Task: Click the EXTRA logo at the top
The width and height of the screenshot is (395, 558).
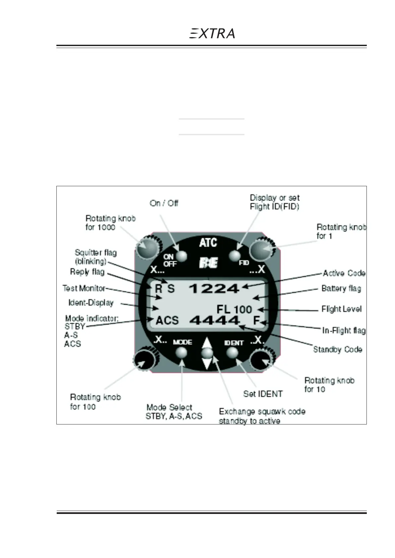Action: (212, 33)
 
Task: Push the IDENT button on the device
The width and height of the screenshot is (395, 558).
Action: (232, 352)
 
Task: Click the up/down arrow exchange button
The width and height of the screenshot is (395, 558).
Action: (207, 353)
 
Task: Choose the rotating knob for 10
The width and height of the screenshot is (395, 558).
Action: (262, 360)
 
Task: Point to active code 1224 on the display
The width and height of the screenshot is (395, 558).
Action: (214, 289)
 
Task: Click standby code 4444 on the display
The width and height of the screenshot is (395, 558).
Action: (215, 320)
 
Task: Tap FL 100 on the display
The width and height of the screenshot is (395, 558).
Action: (234, 309)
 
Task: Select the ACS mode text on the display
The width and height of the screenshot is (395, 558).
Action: (167, 321)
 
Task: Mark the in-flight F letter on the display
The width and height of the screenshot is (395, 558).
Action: (256, 320)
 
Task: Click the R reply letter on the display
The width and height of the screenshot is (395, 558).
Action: (159, 289)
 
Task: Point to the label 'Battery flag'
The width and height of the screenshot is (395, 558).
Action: (341, 289)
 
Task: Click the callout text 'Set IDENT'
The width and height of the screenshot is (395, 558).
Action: (263, 394)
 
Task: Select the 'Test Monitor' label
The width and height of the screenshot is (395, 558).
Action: (84, 288)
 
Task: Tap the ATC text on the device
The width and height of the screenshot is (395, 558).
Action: (208, 243)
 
